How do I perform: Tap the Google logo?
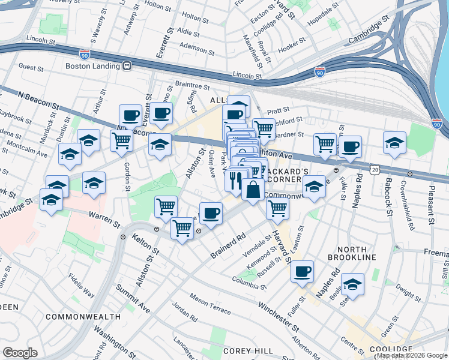(x=20, y=353)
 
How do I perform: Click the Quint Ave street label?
(x=211, y=164)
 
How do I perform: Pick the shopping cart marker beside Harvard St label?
(x=277, y=208)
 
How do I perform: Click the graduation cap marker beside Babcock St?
(x=394, y=143)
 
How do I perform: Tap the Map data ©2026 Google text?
(x=411, y=355)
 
